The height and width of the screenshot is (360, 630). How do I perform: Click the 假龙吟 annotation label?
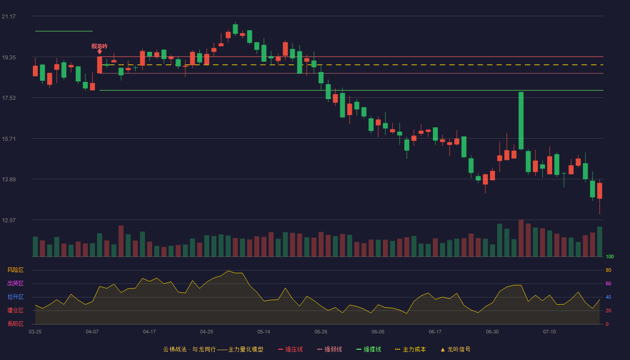pyautogui.click(x=99, y=46)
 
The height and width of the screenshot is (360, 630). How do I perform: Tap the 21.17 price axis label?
pyautogui.click(x=9, y=17)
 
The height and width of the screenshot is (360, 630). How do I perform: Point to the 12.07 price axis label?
pyautogui.click(x=9, y=220)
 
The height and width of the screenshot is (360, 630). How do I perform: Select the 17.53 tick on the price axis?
pyautogui.click(x=9, y=98)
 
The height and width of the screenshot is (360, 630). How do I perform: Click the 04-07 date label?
pyautogui.click(x=92, y=332)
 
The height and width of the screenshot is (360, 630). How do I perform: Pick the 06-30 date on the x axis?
pyautogui.click(x=492, y=332)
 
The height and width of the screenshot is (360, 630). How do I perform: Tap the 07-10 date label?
pyautogui.click(x=549, y=332)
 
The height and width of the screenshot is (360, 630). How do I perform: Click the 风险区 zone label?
pyautogui.click(x=15, y=270)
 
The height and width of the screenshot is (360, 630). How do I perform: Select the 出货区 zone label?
pyautogui.click(x=15, y=283)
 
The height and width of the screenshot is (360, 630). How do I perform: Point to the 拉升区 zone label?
pyautogui.click(x=15, y=297)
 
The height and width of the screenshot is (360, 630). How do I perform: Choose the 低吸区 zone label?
pyautogui.click(x=15, y=324)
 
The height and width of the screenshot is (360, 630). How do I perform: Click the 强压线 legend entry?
pyautogui.click(x=290, y=349)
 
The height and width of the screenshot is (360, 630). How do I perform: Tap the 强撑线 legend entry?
pyautogui.click(x=369, y=349)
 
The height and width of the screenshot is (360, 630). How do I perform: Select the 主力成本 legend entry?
pyautogui.click(x=410, y=349)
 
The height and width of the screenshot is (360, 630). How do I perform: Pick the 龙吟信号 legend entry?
pyautogui.click(x=455, y=349)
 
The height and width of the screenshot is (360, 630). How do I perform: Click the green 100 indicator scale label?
pyautogui.click(x=610, y=256)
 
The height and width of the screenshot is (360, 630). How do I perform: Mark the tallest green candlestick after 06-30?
pyautogui.click(x=521, y=121)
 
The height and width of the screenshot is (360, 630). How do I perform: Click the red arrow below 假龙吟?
pyautogui.click(x=99, y=52)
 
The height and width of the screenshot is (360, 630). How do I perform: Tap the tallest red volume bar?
pyautogui.click(x=521, y=238)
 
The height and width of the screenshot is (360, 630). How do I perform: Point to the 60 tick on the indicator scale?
pyautogui.click(x=608, y=283)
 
